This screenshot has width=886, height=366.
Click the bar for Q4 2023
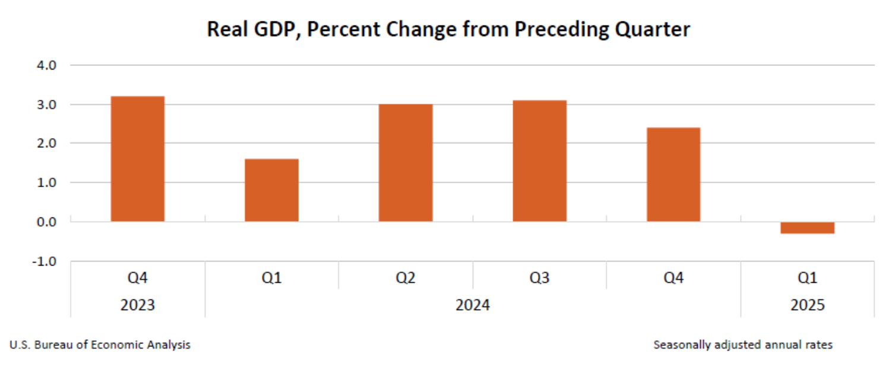(138, 159)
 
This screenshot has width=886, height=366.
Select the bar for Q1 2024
(271, 190)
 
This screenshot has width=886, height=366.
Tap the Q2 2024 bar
(406, 163)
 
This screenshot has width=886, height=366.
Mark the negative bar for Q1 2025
(807, 228)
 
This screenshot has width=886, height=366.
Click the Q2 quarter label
(406, 277)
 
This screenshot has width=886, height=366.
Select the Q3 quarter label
(540, 277)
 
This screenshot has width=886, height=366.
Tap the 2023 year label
(137, 305)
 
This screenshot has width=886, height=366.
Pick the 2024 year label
(473, 305)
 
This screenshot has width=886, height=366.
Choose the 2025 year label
(807, 305)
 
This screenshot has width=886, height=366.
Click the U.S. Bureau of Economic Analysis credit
(100, 345)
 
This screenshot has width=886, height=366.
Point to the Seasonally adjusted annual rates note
(743, 345)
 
